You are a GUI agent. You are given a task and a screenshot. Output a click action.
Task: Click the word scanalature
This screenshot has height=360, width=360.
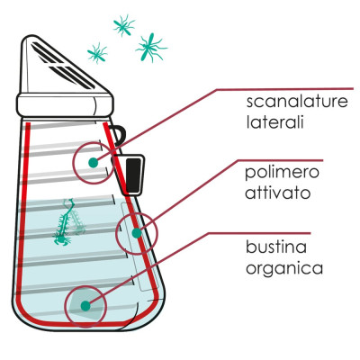(x=297, y=102)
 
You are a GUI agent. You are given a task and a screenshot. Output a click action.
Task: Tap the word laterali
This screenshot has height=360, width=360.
(x=275, y=121)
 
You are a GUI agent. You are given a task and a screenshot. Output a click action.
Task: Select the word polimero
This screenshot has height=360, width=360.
(x=282, y=173)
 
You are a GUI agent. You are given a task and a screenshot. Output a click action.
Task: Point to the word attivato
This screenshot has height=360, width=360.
(x=278, y=193)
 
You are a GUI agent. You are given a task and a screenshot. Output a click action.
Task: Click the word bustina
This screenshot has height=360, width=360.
(x=276, y=247)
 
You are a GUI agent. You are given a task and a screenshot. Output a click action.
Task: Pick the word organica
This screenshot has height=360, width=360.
(x=284, y=268)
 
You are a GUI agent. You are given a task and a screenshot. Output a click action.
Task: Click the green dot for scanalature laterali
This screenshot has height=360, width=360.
(x=94, y=163)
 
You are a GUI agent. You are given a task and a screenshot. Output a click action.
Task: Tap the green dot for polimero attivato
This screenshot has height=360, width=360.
(x=137, y=233)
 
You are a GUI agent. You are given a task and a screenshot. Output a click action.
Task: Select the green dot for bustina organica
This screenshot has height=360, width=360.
(x=85, y=306)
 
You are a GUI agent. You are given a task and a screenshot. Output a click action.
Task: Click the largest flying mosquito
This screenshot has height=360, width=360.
(x=150, y=47)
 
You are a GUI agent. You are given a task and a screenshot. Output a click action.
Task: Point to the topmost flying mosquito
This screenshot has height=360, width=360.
(x=124, y=25)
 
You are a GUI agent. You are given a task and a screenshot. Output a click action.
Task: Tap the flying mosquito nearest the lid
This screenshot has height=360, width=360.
(x=97, y=53)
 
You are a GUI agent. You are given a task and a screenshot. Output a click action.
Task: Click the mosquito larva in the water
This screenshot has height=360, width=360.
(x=68, y=221)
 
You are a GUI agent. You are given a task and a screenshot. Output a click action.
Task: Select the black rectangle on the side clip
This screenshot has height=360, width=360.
(x=133, y=175)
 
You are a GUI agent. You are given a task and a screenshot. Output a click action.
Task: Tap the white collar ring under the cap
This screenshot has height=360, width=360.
(x=65, y=105)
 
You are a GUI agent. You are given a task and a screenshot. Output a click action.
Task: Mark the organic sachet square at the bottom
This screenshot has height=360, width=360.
(x=85, y=303)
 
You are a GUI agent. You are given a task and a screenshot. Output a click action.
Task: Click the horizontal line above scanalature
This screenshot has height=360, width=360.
(x=285, y=89)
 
